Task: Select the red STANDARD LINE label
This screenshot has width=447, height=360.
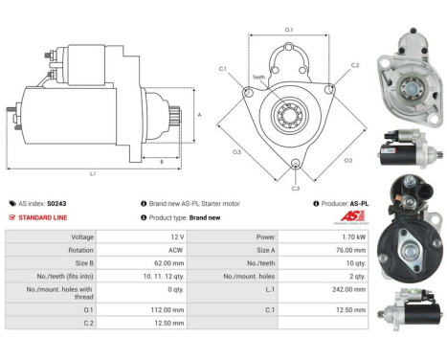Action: pos(41,217)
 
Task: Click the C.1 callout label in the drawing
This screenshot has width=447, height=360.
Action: pos(222,69)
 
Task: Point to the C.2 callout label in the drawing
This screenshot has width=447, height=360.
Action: pos(354,65)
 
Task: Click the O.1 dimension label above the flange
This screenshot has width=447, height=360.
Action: pos(289,30)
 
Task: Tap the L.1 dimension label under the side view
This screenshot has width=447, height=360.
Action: pos(93,173)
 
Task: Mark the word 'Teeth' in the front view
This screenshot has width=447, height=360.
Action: pos(258,77)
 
